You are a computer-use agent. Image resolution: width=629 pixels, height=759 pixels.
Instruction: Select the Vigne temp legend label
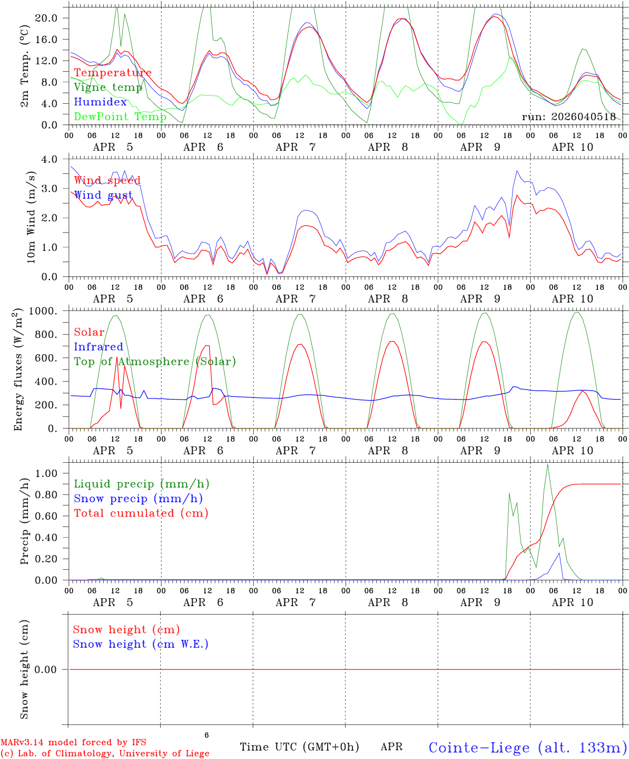coord(108,87)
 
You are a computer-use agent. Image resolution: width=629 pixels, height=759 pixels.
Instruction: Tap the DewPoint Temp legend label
coord(120,116)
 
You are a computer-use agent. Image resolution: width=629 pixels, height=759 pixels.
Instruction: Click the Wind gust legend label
coord(103,196)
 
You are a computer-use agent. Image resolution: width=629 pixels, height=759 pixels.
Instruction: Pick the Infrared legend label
coord(99,347)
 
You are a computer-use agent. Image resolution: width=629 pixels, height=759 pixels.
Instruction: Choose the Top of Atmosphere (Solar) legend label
coord(155,362)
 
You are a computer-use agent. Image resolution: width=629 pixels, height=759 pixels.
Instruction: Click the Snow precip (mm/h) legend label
coord(138,499)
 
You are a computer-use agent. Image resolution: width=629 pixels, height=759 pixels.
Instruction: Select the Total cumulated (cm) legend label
coord(141,513)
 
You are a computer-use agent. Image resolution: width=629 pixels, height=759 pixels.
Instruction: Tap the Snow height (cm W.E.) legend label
coord(141,644)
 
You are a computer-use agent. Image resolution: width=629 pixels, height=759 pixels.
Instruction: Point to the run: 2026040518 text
coord(568,117)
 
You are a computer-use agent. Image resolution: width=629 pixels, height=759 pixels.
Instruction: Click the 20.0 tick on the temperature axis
coord(46,18)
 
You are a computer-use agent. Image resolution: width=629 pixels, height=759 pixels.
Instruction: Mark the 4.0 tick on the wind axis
coord(51,159)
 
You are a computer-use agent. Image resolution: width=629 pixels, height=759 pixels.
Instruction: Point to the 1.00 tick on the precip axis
coord(46,473)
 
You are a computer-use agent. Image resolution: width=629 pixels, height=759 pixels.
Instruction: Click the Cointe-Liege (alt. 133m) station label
coord(527,747)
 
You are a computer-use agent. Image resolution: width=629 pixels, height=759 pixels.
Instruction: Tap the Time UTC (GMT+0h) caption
coord(299,747)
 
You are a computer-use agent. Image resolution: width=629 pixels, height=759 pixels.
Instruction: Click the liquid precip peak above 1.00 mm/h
coord(547,465)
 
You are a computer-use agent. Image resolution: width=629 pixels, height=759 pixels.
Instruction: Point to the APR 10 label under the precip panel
coord(572,602)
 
